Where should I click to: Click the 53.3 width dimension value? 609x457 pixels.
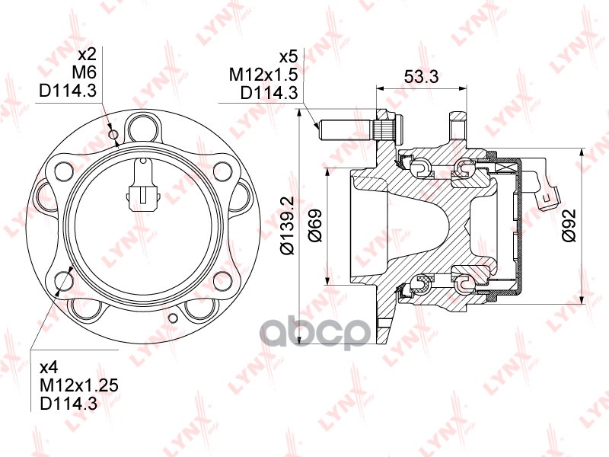click(x=422, y=76)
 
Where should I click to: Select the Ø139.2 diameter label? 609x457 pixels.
click(x=289, y=225)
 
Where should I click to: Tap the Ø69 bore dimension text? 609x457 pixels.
click(x=315, y=225)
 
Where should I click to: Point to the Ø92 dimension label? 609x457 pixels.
click(x=569, y=225)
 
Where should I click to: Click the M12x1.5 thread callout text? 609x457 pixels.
click(x=263, y=75)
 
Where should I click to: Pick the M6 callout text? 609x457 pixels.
click(x=84, y=72)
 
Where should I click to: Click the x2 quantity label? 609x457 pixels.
click(x=87, y=54)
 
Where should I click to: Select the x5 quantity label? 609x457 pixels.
click(x=289, y=56)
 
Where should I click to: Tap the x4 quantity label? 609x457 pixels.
click(x=49, y=367)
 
